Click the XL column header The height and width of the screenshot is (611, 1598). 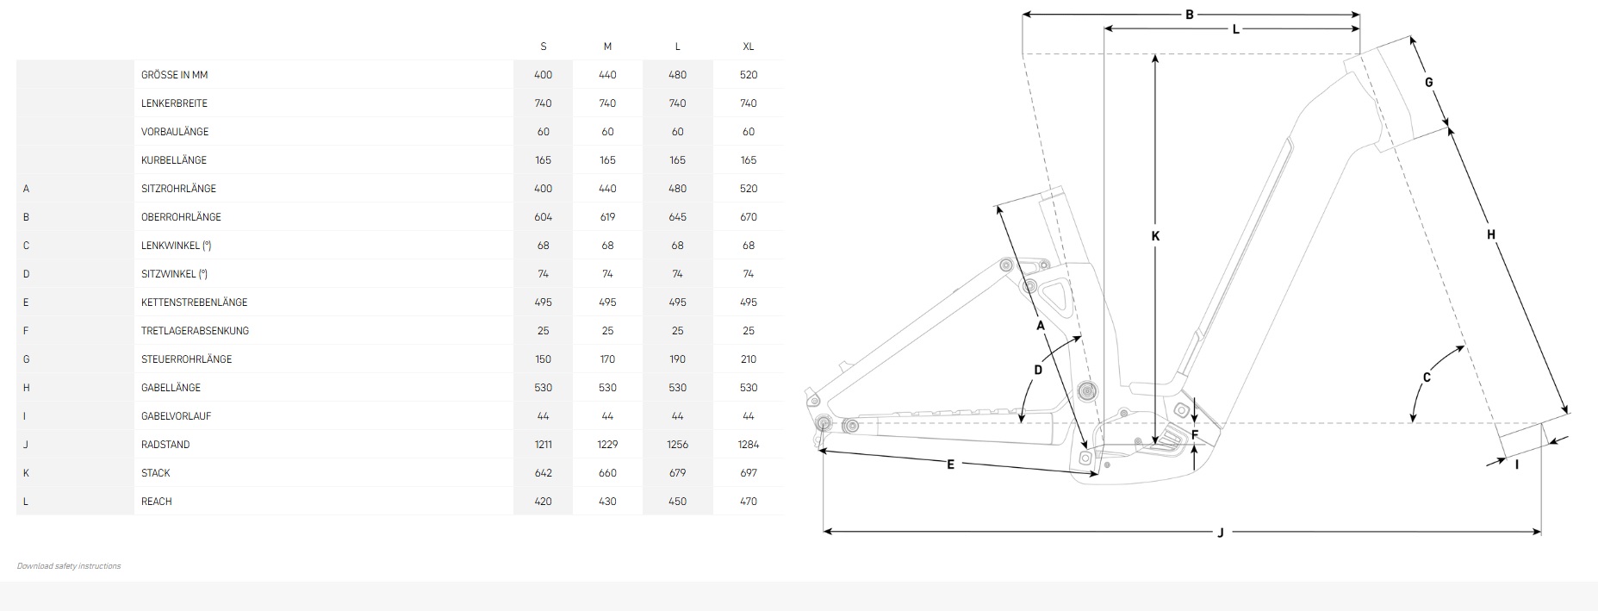749,47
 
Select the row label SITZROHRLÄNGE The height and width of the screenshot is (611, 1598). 178,189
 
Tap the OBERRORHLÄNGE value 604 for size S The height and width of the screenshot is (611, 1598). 543,217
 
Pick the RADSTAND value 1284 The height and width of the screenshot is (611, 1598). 749,445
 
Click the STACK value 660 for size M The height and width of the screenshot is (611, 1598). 607,473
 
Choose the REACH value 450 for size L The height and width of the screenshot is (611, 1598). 678,502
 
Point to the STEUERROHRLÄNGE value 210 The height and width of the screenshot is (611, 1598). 749,359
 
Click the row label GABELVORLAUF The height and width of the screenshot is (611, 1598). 176,416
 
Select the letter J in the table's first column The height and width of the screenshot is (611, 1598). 26,445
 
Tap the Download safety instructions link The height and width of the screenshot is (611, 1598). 69,566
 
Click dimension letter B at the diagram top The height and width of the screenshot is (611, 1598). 1190,15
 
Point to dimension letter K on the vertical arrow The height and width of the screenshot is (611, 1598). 1156,236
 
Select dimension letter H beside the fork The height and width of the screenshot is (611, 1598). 1491,234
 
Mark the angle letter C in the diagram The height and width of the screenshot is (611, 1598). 1427,377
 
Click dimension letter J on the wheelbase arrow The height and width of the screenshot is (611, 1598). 1221,533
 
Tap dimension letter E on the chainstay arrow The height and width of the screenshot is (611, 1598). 951,464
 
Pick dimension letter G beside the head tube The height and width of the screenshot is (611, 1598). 1429,83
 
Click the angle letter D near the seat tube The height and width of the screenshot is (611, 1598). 1038,370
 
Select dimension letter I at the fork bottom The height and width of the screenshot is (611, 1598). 1517,464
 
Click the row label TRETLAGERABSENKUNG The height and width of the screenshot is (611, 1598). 195,331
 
